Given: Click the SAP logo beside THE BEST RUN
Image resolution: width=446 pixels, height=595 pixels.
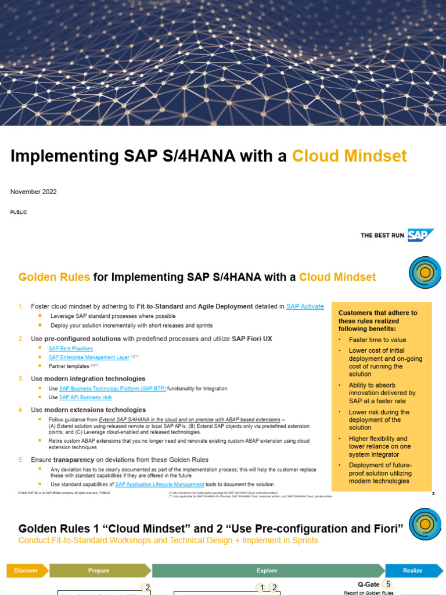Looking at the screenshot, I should click(x=421, y=235).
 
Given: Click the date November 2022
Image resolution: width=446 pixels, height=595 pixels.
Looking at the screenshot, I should click(x=34, y=192).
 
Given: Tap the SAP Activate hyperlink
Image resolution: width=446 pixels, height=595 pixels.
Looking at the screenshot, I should click(x=305, y=306).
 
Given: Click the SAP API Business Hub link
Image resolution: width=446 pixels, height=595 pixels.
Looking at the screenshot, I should click(x=85, y=397).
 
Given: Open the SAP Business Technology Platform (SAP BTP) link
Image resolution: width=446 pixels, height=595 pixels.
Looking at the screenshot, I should click(x=113, y=388).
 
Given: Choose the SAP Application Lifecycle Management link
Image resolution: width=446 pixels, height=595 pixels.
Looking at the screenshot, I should click(x=160, y=484).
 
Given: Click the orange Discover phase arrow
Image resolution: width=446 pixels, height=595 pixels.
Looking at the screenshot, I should click(x=27, y=571).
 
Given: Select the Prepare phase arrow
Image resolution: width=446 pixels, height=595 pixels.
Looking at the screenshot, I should click(x=99, y=571).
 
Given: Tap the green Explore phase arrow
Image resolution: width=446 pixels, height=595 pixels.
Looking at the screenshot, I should click(x=267, y=571).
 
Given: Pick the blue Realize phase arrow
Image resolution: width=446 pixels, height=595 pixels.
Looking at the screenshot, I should click(x=412, y=571).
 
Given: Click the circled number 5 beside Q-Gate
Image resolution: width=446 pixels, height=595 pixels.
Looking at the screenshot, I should click(x=388, y=585).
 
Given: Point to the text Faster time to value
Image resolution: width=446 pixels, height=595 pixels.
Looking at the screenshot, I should click(x=377, y=340).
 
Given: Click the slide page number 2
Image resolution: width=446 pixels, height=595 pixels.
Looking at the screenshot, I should click(x=433, y=494).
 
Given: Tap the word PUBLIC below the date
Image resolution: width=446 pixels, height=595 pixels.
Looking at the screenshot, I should click(x=19, y=212).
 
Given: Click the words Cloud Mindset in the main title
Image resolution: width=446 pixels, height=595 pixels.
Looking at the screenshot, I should click(x=349, y=156).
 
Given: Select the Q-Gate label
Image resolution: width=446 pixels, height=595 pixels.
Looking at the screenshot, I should click(x=368, y=585).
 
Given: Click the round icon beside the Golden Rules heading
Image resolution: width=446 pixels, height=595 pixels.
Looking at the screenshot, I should click(x=425, y=273).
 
